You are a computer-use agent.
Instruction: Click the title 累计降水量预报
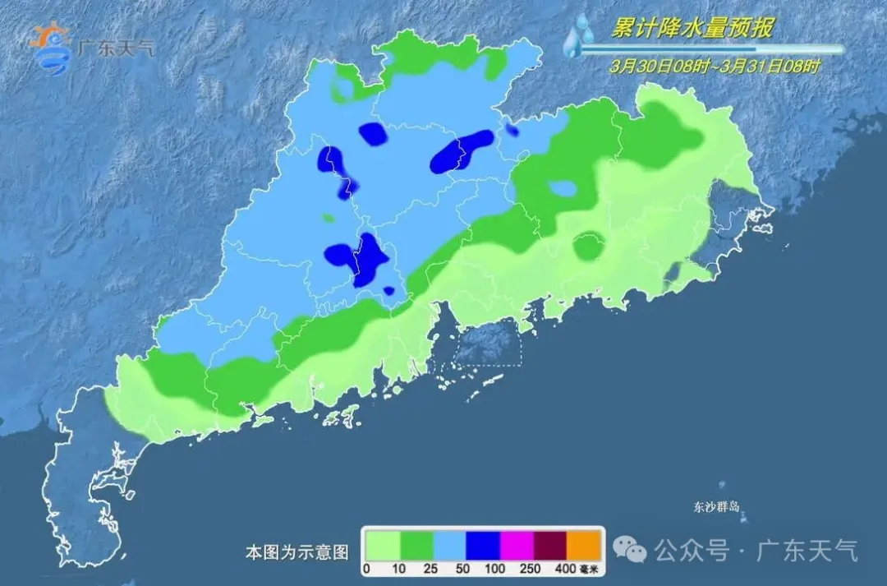pos(692,29)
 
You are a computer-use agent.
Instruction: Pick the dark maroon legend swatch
pos(551,545)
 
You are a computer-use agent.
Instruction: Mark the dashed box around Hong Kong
pos(489,344)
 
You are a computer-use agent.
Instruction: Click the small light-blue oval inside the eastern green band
pos(563,189)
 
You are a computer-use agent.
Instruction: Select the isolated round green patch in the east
pos(588,247)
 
